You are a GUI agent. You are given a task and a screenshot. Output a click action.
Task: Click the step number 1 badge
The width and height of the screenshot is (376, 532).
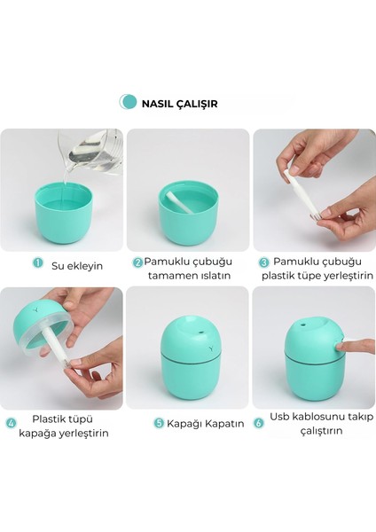tap(37, 262)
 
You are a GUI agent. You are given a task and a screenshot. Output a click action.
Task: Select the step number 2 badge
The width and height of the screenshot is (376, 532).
tap(138, 262)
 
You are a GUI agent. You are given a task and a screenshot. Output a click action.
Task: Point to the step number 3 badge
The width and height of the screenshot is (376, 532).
tap(263, 262)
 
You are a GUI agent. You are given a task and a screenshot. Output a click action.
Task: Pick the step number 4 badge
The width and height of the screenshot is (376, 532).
tap(12, 423)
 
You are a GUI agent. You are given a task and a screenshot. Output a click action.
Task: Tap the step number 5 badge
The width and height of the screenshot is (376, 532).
tap(159, 423)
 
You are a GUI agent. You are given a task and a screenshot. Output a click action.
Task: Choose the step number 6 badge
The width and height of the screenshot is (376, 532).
tap(260, 423)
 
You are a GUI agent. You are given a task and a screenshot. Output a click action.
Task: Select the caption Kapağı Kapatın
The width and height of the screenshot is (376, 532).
tap(205, 423)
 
